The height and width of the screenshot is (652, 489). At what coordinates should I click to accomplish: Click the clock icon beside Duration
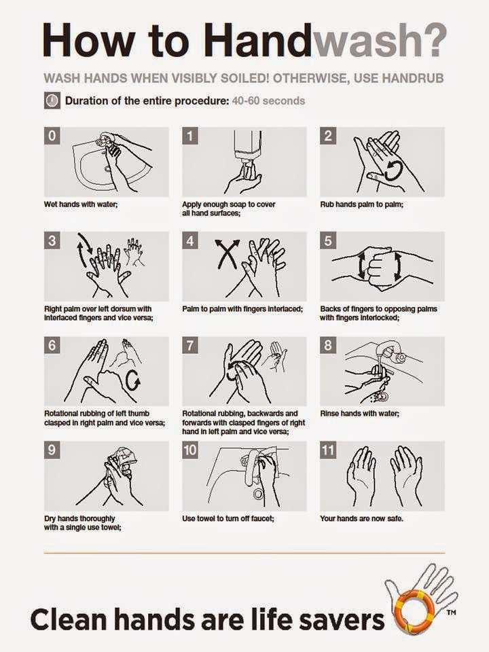[x=51, y=101]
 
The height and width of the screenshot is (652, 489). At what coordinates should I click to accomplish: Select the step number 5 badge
[x=328, y=240]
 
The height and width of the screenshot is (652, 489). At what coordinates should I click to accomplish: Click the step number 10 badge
[x=191, y=450]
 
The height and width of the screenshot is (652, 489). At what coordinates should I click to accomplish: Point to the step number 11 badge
[x=329, y=450]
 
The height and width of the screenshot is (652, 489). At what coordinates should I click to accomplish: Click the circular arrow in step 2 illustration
[x=392, y=170]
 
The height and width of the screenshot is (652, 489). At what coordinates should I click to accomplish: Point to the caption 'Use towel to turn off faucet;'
[x=227, y=518]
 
